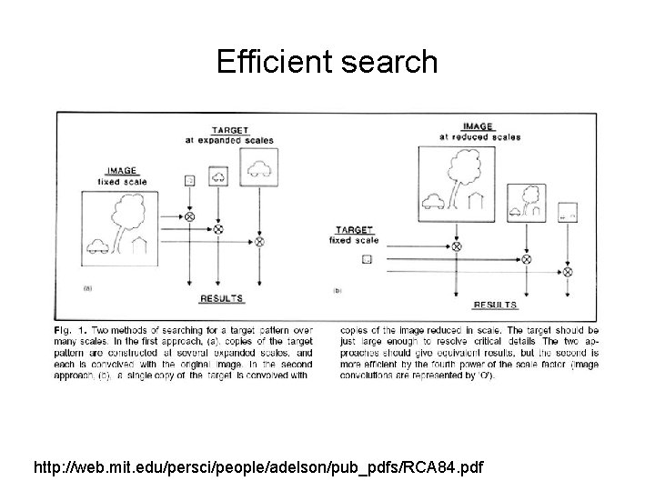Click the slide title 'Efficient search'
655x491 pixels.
point(327,62)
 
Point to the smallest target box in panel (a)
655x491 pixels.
point(189,181)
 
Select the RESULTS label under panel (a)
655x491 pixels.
point(221,297)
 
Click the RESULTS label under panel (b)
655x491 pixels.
point(495,306)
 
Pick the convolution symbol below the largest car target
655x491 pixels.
point(258,243)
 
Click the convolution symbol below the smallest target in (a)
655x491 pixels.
point(189,216)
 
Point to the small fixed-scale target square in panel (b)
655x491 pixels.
point(367,258)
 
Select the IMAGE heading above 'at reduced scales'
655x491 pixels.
point(479,126)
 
